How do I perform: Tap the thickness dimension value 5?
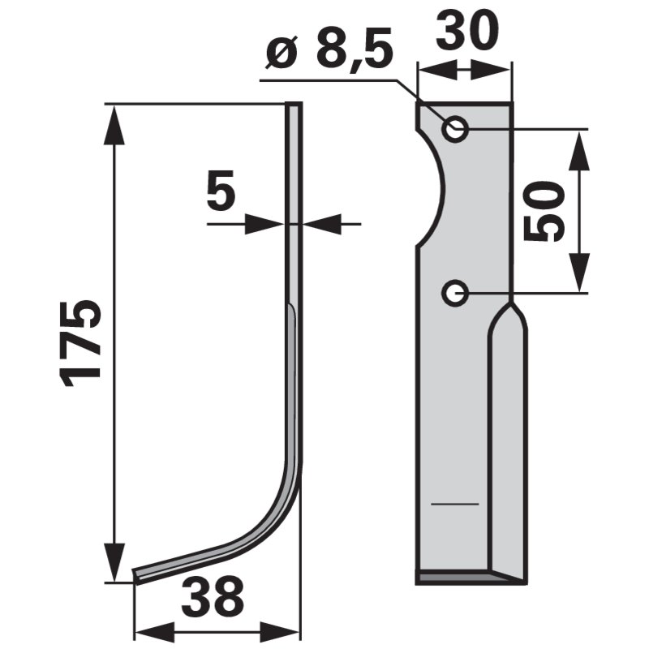point(221,195)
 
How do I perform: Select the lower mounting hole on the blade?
point(456,291)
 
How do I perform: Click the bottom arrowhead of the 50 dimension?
point(578,276)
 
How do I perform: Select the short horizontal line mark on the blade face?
point(455,505)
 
